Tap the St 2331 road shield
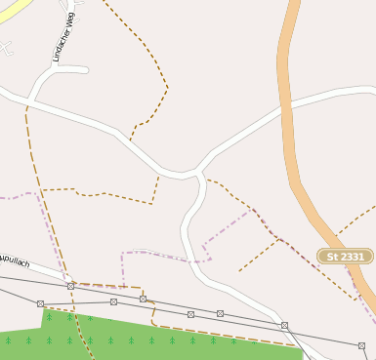345,257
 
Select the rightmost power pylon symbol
361,345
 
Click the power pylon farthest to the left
40,303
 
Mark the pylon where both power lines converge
284,325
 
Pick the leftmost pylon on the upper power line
70,286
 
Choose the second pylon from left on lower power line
113,302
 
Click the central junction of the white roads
199,172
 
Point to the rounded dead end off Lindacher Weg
86,70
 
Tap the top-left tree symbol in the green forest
49,316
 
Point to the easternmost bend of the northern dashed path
168,88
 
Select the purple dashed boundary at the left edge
8,197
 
